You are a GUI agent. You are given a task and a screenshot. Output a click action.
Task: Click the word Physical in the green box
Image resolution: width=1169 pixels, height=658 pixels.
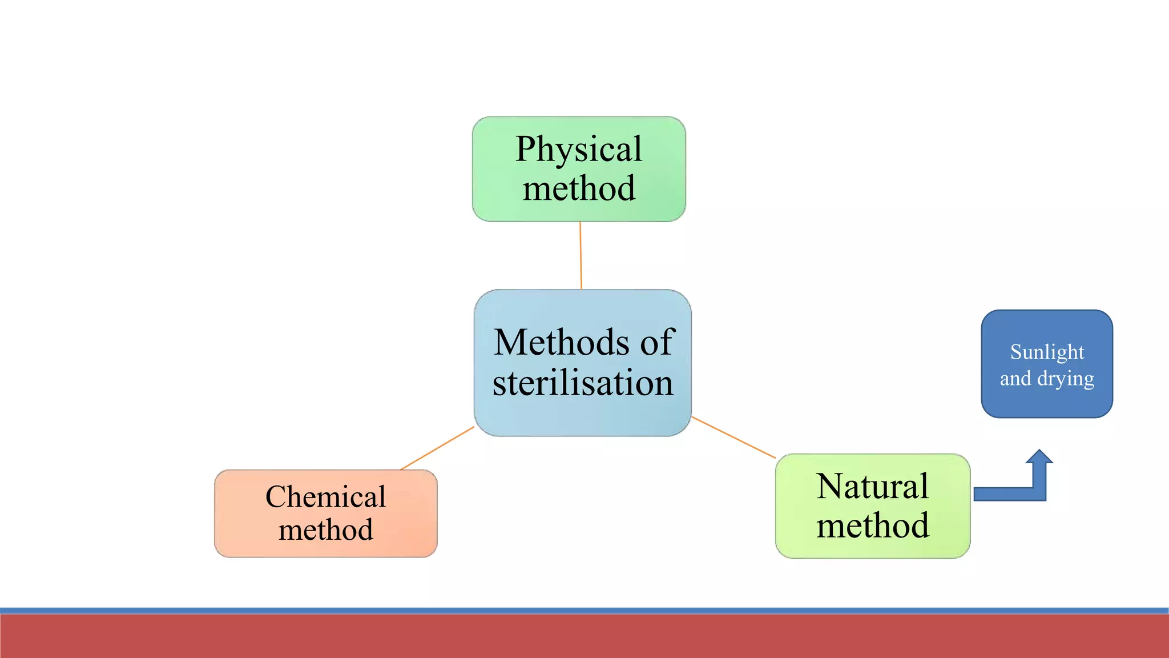tap(579, 150)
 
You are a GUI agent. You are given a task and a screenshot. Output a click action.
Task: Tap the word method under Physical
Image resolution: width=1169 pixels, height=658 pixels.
tap(579, 188)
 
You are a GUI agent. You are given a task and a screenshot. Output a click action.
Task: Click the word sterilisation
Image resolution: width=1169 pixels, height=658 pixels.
tap(583, 383)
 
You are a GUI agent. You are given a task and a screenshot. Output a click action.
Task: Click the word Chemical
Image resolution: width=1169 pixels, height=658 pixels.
tap(325, 496)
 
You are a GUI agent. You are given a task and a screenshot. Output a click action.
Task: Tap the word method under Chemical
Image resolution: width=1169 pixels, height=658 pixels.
tap(325, 529)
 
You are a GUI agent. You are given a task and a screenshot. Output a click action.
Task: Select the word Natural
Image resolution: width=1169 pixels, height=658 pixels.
tap(872, 487)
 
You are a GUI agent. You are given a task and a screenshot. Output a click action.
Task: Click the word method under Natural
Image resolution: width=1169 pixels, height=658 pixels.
tap(872, 525)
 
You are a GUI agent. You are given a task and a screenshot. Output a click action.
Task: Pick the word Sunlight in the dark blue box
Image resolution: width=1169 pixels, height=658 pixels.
tap(1047, 352)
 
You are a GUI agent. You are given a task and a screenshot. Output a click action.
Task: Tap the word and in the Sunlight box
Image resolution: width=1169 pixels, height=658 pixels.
tap(1015, 379)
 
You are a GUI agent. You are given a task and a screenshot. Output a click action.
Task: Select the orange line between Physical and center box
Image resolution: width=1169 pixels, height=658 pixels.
tap(581, 255)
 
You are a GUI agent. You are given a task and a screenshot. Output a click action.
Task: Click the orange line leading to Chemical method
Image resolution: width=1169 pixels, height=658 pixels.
tap(437, 448)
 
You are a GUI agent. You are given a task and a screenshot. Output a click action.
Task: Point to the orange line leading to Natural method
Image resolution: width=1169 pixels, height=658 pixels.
tap(733, 438)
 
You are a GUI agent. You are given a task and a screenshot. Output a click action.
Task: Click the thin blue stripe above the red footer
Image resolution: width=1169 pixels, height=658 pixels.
tap(584, 611)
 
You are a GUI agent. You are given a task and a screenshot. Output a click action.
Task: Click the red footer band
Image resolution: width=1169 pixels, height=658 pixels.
tap(584, 636)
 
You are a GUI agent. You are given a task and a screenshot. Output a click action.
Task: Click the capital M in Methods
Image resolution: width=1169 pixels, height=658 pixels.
tap(508, 343)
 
